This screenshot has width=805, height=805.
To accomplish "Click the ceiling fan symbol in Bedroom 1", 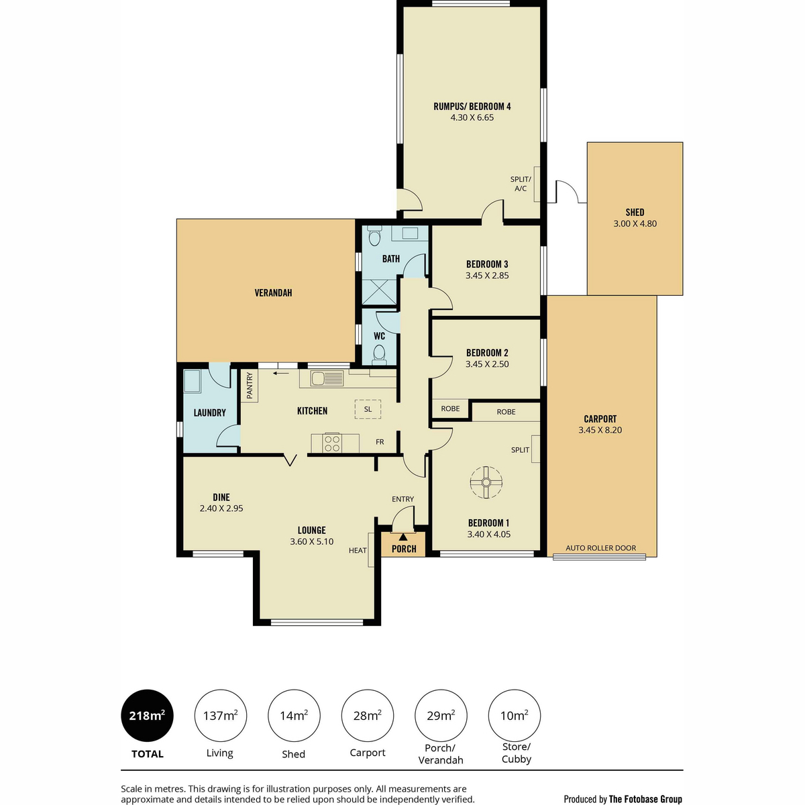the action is click(486, 482).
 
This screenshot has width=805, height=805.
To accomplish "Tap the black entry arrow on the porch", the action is click(403, 537).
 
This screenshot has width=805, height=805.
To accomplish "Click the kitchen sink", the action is click(327, 378).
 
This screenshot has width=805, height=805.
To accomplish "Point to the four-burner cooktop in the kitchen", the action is click(332, 443).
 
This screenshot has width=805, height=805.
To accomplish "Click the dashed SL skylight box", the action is click(368, 409).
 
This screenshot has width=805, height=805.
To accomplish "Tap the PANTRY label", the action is click(250, 386).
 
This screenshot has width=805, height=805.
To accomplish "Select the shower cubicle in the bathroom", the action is click(379, 292).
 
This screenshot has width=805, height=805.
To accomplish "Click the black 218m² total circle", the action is click(147, 715).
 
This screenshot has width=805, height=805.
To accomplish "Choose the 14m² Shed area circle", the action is click(294, 715).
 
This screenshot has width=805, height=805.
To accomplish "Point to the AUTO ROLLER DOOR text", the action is click(600, 547).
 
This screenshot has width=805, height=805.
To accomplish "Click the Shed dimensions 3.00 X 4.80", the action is click(635, 223).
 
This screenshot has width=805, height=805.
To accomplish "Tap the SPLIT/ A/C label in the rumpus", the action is click(521, 184).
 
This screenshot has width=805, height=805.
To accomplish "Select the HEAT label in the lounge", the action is click(358, 550).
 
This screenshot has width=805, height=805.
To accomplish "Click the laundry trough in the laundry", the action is click(192, 381).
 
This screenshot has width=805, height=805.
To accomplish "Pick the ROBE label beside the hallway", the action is click(450, 409).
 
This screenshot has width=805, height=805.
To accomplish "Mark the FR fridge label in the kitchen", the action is click(380, 441).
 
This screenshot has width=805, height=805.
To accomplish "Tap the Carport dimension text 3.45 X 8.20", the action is click(600, 430).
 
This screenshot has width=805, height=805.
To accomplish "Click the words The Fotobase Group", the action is click(645, 799).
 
